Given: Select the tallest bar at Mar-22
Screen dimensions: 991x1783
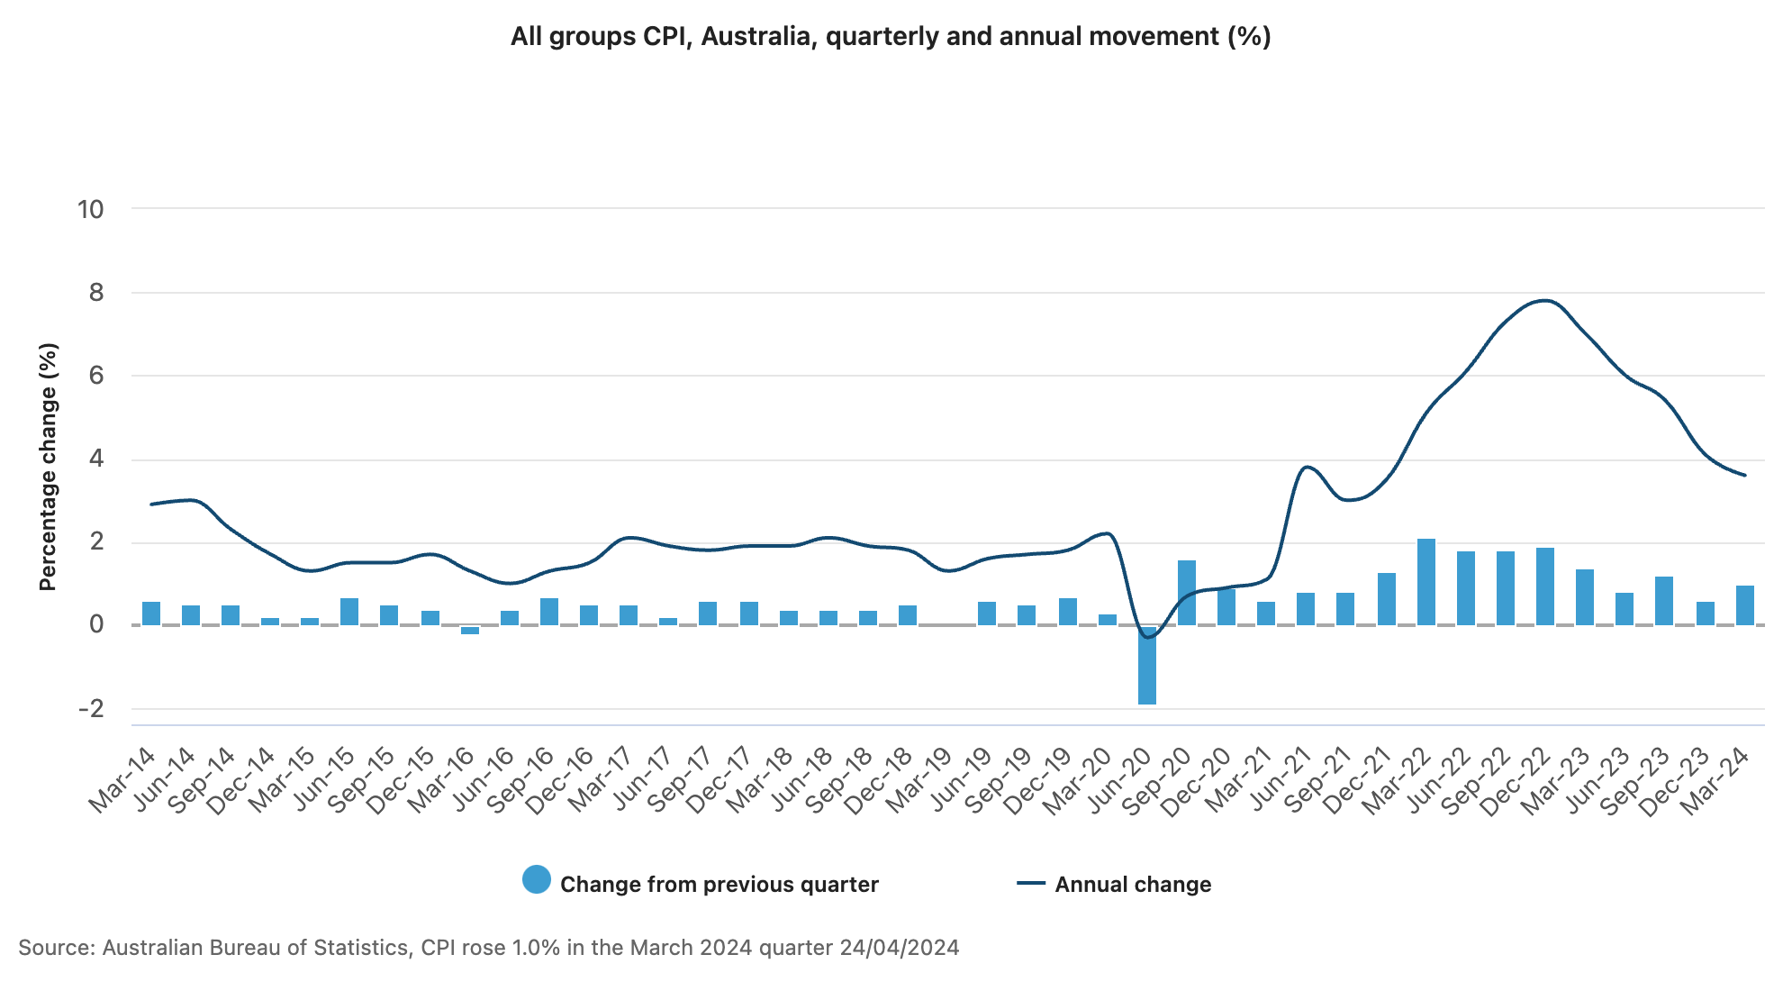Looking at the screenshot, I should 1425,582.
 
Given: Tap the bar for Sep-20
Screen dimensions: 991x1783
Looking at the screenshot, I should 1187,593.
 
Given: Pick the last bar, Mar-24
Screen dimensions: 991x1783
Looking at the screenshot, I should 1745,605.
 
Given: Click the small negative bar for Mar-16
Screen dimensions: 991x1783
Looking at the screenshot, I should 470,630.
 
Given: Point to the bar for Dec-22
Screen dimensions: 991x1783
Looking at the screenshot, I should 1545,586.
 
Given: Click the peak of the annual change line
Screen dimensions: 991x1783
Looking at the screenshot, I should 1545,300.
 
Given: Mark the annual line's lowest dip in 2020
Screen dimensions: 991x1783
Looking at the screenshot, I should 1147,637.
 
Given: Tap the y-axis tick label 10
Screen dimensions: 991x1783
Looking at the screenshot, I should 91,210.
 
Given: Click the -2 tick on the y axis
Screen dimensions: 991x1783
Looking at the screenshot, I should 91,709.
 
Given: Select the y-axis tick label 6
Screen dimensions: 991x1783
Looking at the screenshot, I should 96,376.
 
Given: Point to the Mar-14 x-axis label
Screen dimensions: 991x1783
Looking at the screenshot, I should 122,780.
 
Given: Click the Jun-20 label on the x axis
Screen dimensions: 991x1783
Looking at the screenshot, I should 1119,780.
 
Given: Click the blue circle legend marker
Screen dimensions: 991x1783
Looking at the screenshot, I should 537,879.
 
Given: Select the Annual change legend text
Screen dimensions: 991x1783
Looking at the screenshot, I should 1133,885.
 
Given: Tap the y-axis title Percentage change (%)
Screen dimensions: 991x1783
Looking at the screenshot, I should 48,467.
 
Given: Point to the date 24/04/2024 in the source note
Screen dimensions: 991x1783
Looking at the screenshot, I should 899,948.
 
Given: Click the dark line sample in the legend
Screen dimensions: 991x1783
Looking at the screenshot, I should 1031,884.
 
